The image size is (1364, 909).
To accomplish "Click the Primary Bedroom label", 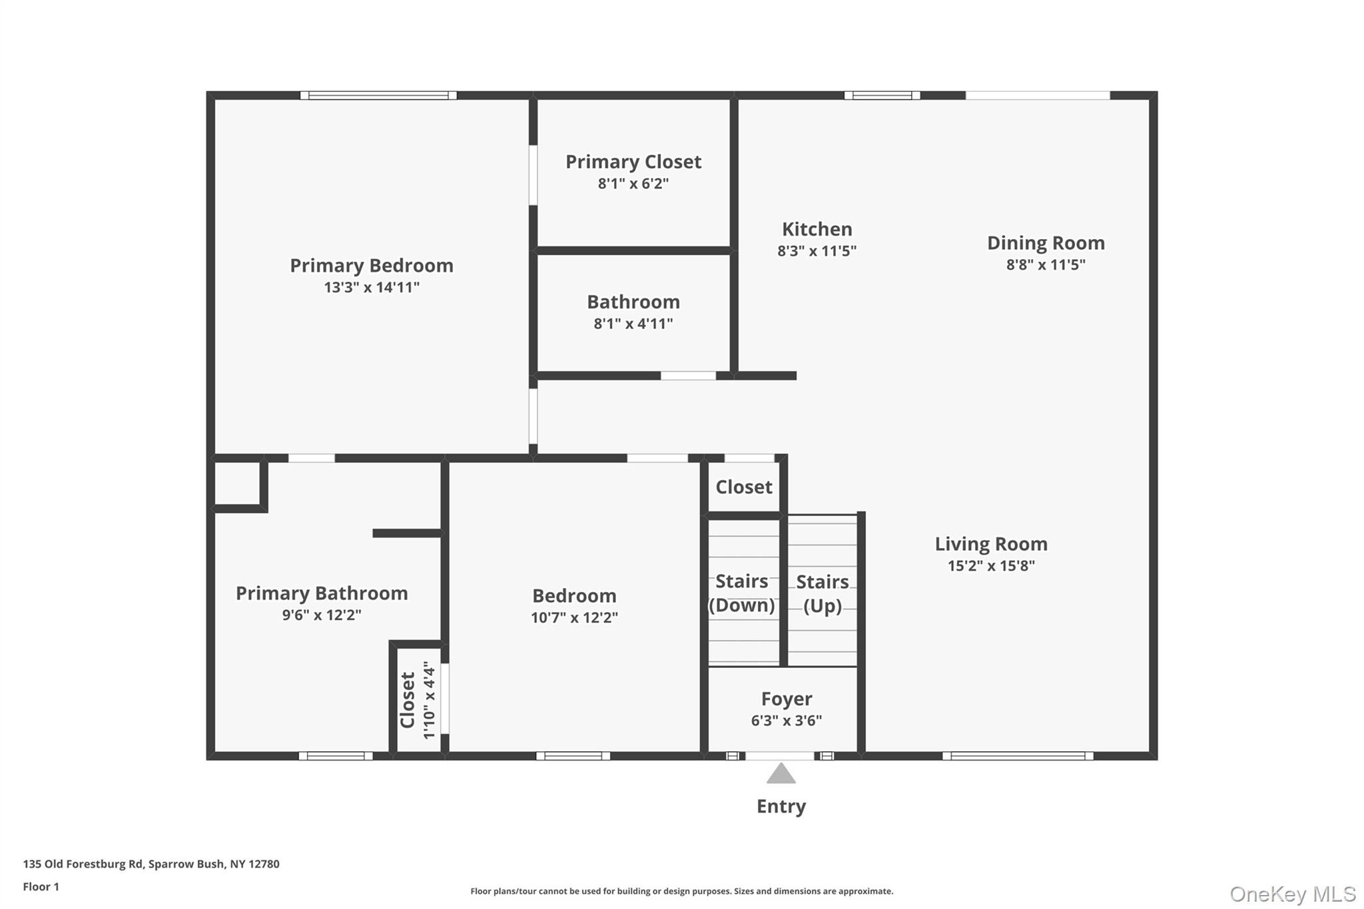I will point(371,266).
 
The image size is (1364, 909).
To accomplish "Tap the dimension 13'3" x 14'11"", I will point(371,288).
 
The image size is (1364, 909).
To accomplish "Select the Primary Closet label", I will point(633,162).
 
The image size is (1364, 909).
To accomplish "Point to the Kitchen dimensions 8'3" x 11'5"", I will point(817,251).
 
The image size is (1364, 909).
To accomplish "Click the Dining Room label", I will point(1045,243).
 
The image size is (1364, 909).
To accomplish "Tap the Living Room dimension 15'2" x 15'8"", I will point(990,566).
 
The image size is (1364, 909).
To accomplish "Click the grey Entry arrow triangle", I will point(781,774).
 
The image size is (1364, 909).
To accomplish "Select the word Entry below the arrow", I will point(781,806).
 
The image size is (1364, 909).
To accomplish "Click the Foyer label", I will point(786,699).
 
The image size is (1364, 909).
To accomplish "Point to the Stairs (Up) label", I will point(822,593).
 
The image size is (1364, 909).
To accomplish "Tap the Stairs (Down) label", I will point(741,593).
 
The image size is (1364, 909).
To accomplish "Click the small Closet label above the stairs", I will point(743,487).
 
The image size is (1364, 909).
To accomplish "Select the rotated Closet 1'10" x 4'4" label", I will point(418,700).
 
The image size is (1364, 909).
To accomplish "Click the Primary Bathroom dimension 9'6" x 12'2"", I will point(321,615).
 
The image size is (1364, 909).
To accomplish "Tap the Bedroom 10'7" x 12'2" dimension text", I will point(573,617).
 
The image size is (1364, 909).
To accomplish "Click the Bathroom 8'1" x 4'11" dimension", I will point(633,324).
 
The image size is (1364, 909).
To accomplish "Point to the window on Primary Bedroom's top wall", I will point(378,96).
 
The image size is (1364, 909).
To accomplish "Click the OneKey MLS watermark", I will point(1292,894).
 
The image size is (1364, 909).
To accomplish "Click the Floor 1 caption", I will point(41,886).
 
